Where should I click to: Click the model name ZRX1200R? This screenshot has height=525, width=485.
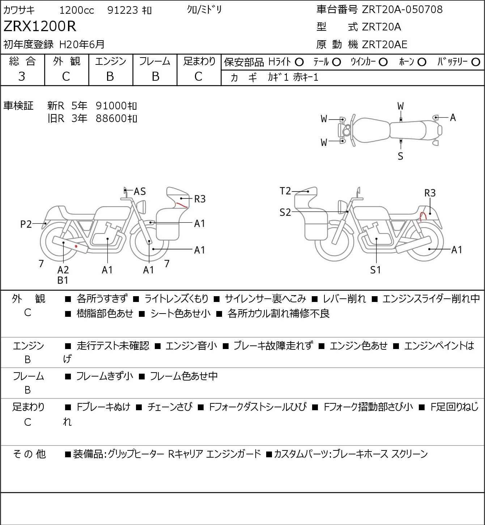pyautogui.click(x=40, y=26)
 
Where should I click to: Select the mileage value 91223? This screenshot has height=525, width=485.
pyautogui.click(x=123, y=10)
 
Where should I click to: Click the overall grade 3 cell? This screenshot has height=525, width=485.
pyautogui.click(x=22, y=76)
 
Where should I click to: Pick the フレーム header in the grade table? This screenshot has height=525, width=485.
pyautogui.click(x=155, y=61)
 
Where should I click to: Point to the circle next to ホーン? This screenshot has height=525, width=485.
pyautogui.click(x=422, y=62)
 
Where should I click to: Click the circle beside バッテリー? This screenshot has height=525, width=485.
pyautogui.click(x=476, y=62)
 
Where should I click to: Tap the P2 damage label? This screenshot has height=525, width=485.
pyautogui.click(x=26, y=224)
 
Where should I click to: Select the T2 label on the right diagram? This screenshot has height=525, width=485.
pyautogui.click(x=285, y=191)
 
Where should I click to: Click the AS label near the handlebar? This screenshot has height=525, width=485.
pyautogui.click(x=140, y=192)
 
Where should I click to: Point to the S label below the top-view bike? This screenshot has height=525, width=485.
pyautogui.click(x=400, y=156)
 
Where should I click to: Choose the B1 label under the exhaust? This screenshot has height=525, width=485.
pyautogui.click(x=63, y=280)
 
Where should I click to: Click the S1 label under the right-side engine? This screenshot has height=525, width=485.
pyautogui.click(x=375, y=270)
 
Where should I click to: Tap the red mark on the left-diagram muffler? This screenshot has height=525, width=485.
pyautogui.click(x=76, y=246)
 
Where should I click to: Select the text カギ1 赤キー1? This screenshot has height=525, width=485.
pyautogui.click(x=293, y=77)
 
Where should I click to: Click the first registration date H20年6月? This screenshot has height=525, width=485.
pyautogui.click(x=82, y=44)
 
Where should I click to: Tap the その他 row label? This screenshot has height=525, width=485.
pyautogui.click(x=29, y=454)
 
